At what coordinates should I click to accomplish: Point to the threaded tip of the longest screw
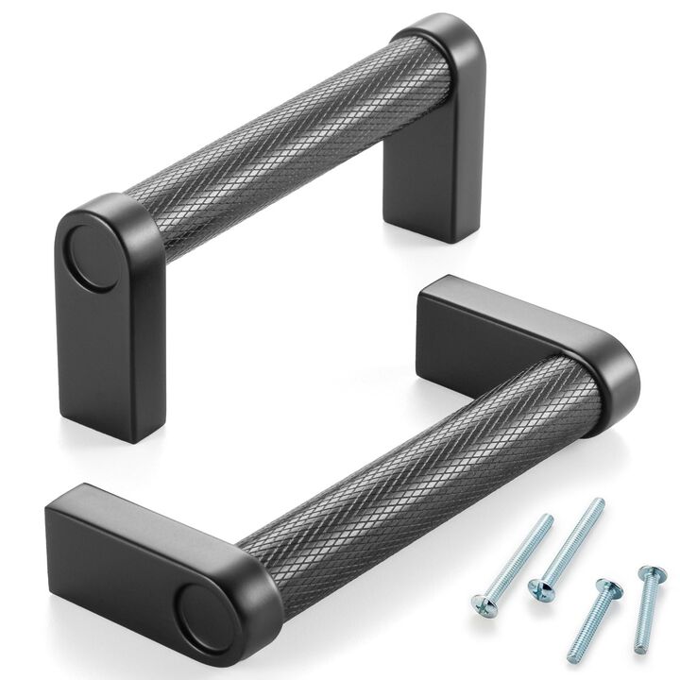pyautogui.click(x=598, y=503)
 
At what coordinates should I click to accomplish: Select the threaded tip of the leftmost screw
pyautogui.click(x=546, y=519)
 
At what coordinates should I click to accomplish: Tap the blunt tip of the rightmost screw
pyautogui.click(x=637, y=650)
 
